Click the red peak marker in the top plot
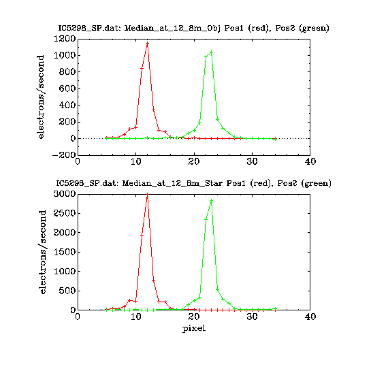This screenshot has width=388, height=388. point(148,44)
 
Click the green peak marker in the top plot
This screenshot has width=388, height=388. point(211,52)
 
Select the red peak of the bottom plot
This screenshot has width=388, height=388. point(148,195)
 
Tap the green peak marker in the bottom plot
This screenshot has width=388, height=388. point(211,200)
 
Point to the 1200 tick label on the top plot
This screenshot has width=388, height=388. point(65,39)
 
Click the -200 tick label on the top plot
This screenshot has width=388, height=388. point(64,155)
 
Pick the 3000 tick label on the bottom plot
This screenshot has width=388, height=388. point(65,194)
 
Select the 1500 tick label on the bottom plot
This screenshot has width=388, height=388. point(65,252)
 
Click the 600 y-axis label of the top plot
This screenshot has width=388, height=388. point(67,88)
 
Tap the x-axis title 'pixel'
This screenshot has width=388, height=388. point(194,329)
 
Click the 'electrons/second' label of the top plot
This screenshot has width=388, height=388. point(40,97)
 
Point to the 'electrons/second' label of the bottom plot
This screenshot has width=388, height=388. point(42,252)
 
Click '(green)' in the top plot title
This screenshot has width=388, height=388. point(314,28)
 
